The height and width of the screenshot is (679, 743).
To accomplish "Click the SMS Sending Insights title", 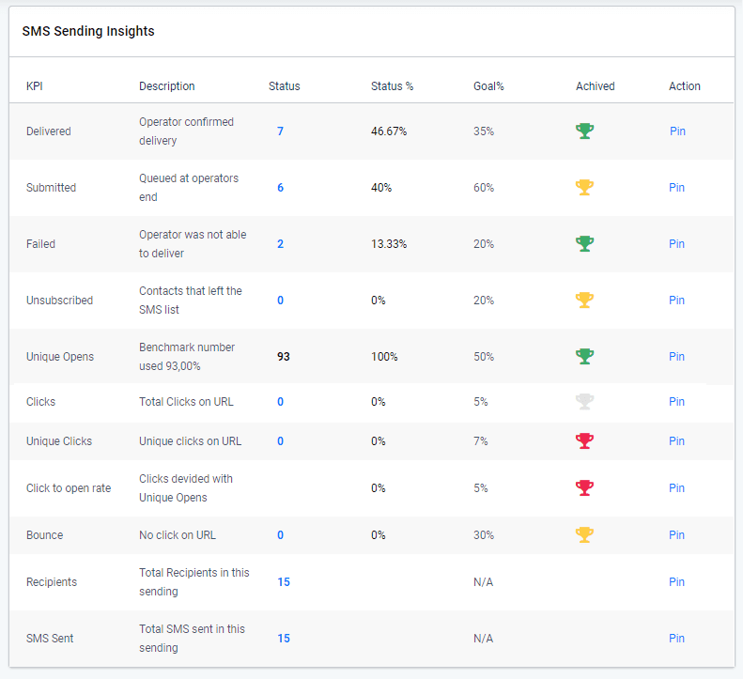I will click(x=88, y=31).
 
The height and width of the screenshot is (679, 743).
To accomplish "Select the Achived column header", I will click(x=595, y=86).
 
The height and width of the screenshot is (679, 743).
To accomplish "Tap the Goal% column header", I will click(x=488, y=86).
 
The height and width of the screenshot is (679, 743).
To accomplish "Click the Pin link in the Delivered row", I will click(x=677, y=131).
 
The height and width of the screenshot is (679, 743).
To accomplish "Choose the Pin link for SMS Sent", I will click(x=676, y=639).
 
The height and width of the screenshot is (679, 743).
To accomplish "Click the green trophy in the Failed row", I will click(x=584, y=244).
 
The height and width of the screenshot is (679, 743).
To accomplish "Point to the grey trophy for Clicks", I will click(x=584, y=402).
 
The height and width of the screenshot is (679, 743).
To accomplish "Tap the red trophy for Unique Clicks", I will click(x=584, y=441).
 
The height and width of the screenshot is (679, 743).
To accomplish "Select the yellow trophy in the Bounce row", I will click(x=584, y=535).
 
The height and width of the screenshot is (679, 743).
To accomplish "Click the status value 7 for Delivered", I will click(x=280, y=131).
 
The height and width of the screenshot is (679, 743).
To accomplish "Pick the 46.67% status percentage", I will click(x=389, y=131).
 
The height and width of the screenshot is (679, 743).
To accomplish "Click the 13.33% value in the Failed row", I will click(x=389, y=244).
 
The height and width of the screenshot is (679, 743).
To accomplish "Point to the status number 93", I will click(x=284, y=357).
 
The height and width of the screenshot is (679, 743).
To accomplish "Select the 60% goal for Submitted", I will click(x=484, y=188).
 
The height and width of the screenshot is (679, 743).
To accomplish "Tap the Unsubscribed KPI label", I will click(x=59, y=301).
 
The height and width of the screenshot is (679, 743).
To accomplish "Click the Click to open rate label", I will click(x=69, y=488).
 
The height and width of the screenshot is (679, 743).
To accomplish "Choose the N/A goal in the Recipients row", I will click(x=483, y=582).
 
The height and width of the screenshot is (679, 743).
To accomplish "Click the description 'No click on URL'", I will click(x=178, y=535).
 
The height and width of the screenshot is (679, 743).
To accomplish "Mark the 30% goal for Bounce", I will click(x=484, y=535).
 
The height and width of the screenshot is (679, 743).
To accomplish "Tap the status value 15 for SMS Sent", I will click(x=284, y=639).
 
